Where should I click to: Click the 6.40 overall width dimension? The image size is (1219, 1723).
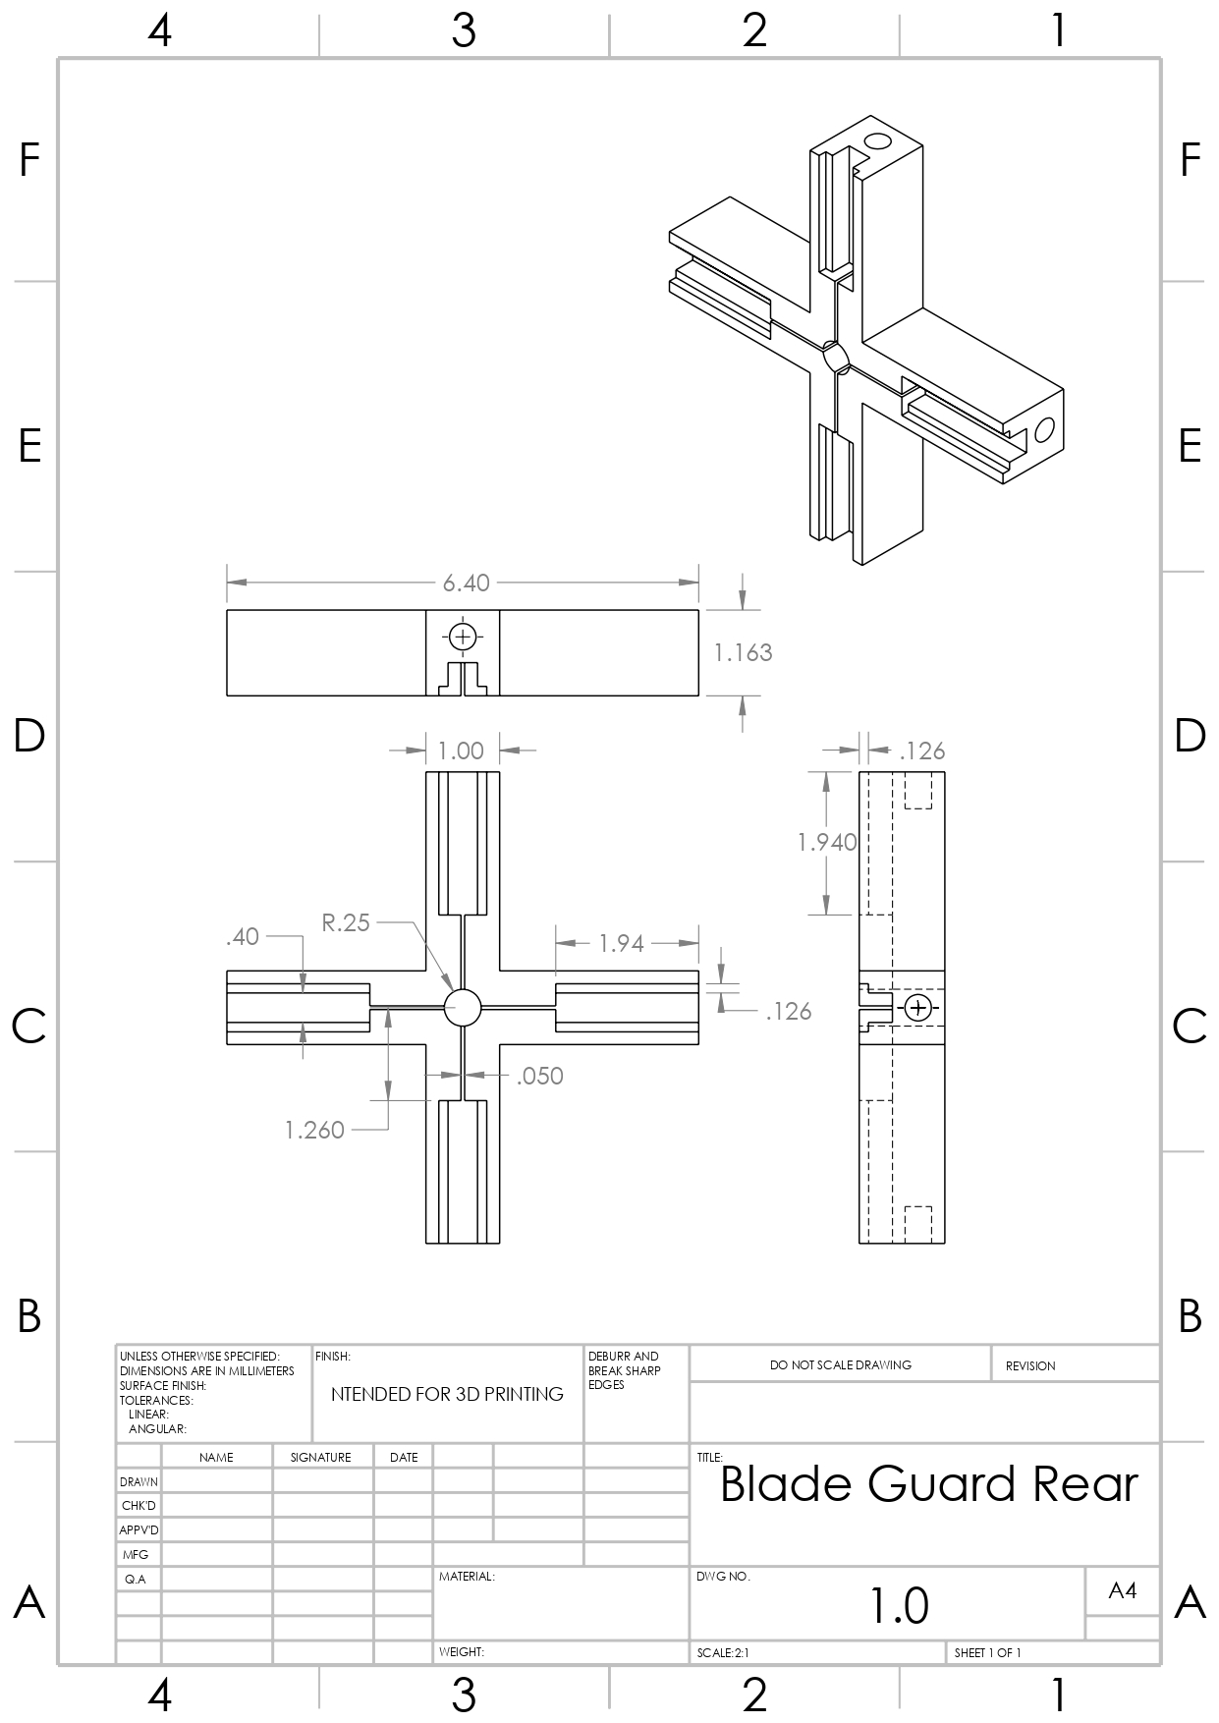coord(466,584)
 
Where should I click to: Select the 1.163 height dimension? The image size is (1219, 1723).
coord(743,653)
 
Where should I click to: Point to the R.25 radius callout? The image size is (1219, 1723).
coord(346,922)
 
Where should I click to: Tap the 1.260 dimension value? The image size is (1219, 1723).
coord(314,1131)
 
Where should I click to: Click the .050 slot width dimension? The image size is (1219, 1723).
coord(539,1077)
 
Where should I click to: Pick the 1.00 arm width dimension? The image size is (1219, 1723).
coord(461,751)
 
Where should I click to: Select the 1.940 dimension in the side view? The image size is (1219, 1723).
coord(826,842)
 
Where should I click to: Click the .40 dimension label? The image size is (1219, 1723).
coord(242,937)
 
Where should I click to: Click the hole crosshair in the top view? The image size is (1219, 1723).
coord(463,637)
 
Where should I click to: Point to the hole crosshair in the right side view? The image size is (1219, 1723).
coord(918,1008)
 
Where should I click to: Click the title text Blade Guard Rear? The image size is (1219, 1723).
coord(928,1484)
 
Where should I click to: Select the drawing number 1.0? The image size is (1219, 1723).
coord(899,1605)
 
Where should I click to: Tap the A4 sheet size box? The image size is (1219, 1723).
coord(1122,1590)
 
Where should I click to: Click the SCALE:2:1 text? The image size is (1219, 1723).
coord(723,1653)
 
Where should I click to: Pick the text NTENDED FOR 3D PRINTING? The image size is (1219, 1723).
coord(447,1395)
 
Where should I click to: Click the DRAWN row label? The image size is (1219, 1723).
coord(139,1482)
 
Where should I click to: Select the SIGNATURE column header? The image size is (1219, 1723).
coord(320,1458)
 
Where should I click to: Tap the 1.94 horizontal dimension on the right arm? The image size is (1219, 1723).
coord(621,944)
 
